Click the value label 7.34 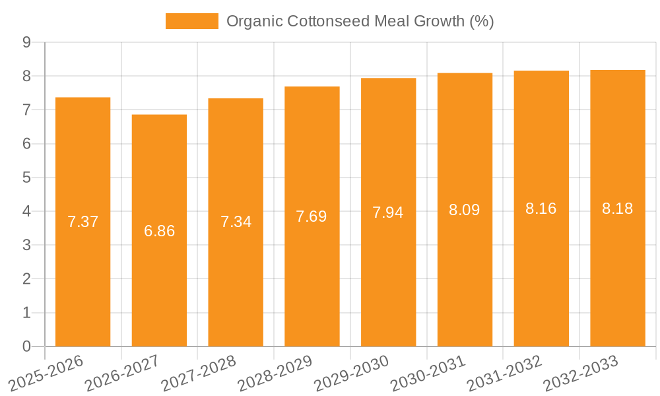coord(236,222)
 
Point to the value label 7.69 coord(312,216)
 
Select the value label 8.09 coord(465,211)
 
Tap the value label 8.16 coord(541,209)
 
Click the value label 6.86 coord(159,231)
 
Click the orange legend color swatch coord(191,21)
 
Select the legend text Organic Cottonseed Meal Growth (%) coord(360,21)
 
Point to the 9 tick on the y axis coord(26,42)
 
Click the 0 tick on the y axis coord(26,346)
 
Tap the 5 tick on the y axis coord(26,178)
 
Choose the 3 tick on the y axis coord(26,246)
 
